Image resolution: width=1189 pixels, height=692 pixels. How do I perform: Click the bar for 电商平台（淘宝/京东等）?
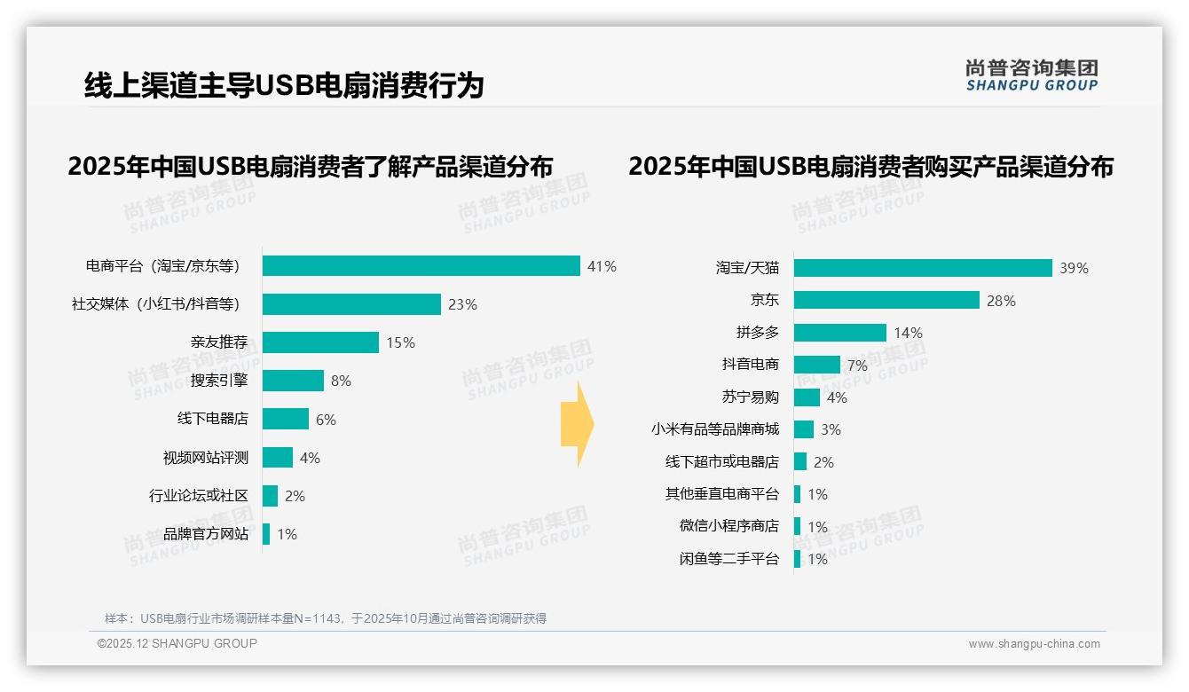pos(421,266)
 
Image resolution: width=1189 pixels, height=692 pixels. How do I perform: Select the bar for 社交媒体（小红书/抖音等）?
pos(351,304)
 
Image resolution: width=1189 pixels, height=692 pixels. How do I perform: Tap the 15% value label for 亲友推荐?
pos(400,342)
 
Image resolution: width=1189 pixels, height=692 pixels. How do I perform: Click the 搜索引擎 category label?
pos(219,381)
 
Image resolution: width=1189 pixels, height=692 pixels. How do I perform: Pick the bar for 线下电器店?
pos(286,420)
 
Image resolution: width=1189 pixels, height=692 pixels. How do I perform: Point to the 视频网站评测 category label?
pos(205,458)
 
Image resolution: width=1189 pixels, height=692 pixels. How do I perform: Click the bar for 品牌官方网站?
pos(266,534)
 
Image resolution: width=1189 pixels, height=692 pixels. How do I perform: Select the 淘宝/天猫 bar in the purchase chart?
pos(923,268)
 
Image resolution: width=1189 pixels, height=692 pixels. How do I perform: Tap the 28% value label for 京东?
pos(1001,301)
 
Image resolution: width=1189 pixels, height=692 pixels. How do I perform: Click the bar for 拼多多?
pos(840,333)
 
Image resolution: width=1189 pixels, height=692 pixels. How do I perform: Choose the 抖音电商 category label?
pos(751,365)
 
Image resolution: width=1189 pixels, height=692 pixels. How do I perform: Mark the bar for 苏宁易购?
pos(807,397)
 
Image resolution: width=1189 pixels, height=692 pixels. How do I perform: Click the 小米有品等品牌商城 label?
pos(715,429)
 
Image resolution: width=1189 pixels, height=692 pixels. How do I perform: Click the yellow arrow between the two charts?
pos(578,425)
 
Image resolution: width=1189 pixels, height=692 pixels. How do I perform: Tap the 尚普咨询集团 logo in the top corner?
pos(1032,75)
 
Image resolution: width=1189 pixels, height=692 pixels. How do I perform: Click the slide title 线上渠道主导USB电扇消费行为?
pos(284,85)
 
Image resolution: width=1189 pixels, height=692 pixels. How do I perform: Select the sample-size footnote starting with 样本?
pos(326,618)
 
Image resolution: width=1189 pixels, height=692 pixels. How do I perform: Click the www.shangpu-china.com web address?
pos(1034,644)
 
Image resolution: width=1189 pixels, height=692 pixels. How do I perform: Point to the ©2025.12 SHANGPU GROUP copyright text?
pos(177,643)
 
